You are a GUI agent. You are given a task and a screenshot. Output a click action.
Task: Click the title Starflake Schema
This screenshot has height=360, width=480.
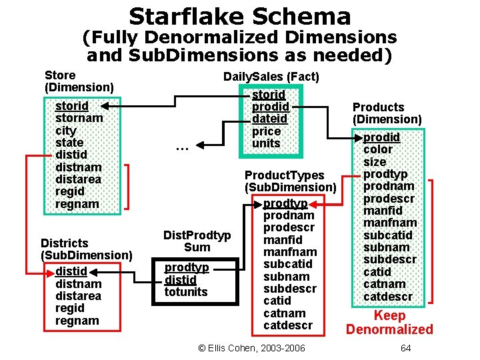[239, 16]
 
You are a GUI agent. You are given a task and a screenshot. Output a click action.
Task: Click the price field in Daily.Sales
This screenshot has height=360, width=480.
[267, 131]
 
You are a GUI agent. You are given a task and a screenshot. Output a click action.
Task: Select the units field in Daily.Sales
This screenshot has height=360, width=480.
[267, 143]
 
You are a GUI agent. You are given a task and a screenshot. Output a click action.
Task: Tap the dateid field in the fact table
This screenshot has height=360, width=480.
[269, 119]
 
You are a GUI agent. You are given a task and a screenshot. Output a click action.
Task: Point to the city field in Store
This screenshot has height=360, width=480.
[66, 131]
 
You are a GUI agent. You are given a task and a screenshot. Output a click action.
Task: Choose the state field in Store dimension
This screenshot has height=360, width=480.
[69, 143]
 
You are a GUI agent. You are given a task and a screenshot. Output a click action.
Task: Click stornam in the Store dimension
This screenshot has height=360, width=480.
[79, 118]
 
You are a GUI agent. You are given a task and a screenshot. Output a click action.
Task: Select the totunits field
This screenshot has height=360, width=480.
[186, 291]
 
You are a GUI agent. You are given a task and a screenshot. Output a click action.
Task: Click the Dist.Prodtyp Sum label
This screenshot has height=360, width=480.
[197, 241]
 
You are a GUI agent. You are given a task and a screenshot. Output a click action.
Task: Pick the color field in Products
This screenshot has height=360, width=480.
[378, 149]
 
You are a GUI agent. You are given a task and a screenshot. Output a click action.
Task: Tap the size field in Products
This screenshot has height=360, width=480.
[375, 161]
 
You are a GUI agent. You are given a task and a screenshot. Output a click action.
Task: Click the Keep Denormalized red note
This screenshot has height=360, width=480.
[389, 322]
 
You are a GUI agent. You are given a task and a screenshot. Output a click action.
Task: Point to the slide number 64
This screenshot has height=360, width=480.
[405, 348]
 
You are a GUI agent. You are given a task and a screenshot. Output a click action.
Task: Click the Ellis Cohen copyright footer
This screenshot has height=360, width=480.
[252, 348]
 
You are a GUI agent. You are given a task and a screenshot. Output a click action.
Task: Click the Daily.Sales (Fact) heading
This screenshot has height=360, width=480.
[271, 77]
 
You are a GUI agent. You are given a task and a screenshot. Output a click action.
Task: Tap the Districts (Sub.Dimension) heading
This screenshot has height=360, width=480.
[86, 249]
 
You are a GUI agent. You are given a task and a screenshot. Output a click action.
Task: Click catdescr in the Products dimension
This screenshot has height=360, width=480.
[388, 296]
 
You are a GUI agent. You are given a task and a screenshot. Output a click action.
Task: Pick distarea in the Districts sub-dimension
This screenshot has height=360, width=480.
[79, 295]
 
